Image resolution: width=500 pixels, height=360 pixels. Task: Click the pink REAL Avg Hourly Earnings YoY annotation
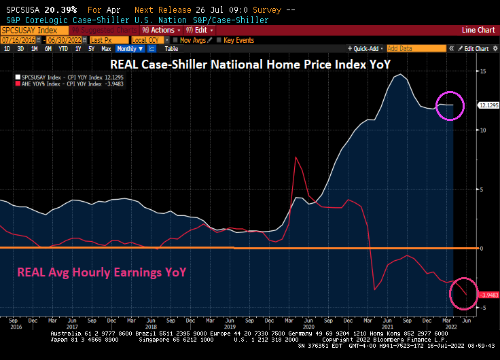[x=101, y=272]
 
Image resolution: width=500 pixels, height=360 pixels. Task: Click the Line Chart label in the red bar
[x=478, y=31]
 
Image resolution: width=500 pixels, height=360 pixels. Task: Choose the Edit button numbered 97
[x=200, y=31]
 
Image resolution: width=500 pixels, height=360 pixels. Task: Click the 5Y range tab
[x=90, y=49]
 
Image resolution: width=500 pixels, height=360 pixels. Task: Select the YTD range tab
[x=63, y=49]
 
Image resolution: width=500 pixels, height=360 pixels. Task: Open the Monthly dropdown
[x=129, y=49]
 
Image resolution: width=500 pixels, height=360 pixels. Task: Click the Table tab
[x=171, y=49]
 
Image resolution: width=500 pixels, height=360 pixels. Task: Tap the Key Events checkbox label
[x=238, y=40]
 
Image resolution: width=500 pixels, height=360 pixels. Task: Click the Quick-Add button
[x=365, y=49]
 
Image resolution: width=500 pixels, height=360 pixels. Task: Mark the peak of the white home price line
[x=399, y=75]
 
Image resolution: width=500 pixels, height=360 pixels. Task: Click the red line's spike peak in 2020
[x=296, y=157]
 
